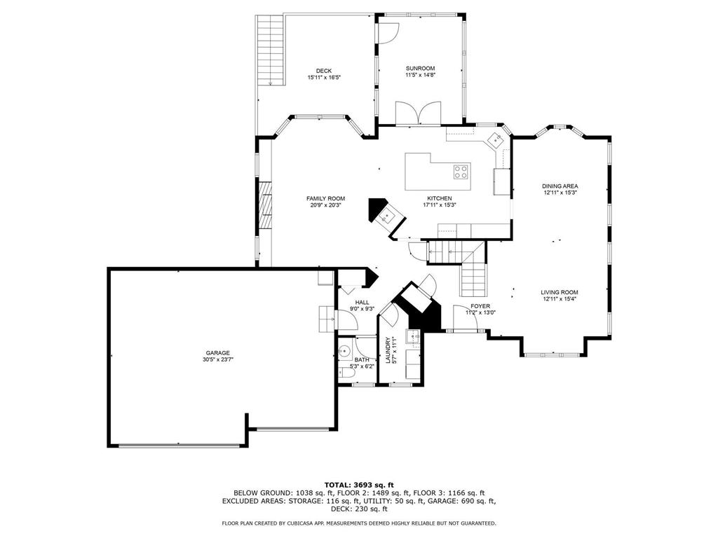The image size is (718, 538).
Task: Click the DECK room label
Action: [x=324, y=71]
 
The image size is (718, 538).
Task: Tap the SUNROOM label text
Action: [x=420, y=68]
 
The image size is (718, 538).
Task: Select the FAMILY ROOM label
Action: [x=325, y=198]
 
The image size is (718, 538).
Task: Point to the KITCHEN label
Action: [x=439, y=198]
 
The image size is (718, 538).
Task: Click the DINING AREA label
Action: [x=560, y=186]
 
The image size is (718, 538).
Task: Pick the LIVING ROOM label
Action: [x=559, y=292]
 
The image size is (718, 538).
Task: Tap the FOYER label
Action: [x=480, y=306]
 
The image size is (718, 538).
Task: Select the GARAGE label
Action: [x=217, y=353]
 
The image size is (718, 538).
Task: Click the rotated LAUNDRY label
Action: [x=388, y=350]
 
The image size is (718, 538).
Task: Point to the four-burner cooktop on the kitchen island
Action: [x=461, y=172]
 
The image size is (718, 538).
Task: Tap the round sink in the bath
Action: [x=344, y=352]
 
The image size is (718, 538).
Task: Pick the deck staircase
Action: [x=270, y=50]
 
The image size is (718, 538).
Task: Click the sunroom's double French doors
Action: [x=418, y=113]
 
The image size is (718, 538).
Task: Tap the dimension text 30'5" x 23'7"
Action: [x=217, y=360]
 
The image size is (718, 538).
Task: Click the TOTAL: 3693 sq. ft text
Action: [x=359, y=485]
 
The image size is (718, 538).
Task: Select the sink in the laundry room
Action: [x=415, y=338]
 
